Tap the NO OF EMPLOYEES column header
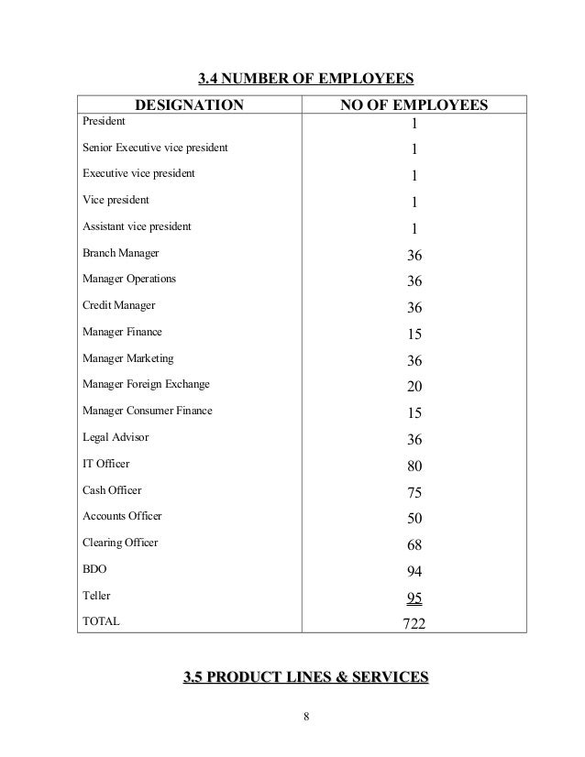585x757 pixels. coord(414,106)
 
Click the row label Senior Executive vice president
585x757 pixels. coord(155,147)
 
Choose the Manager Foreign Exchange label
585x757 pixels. coord(146,384)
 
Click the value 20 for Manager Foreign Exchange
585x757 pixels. coord(414,387)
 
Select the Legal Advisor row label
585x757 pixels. coord(116,437)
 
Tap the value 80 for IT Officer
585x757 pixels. coord(414,466)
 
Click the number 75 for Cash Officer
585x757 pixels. coord(414,493)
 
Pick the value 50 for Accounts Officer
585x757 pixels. coord(414,520)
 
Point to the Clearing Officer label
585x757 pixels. coord(120,543)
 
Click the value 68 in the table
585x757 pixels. coord(414,546)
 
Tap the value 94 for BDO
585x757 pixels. coord(414,573)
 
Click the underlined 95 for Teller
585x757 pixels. coord(414,599)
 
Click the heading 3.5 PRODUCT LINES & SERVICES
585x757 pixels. coord(306,678)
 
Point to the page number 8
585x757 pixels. coord(306,718)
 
